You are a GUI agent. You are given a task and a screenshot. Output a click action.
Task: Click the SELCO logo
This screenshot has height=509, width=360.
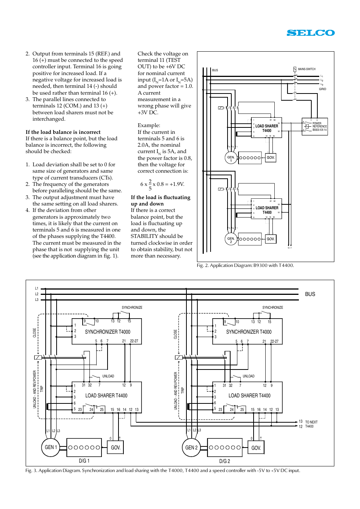pos(311,33)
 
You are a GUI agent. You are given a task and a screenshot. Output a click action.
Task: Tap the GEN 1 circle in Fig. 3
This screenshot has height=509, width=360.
pos(51,447)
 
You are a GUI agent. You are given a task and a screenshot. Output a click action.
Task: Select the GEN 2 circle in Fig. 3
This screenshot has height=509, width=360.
pos(191,448)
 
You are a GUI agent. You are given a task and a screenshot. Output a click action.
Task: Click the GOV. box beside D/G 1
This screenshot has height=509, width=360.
pos(116,448)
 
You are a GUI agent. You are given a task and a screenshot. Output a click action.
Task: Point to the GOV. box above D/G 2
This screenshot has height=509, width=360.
pos(256,448)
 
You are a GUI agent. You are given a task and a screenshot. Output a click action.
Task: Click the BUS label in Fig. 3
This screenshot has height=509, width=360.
pos(310,294)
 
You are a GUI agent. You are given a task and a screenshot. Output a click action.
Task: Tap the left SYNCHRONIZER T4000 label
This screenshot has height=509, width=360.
pos(108,332)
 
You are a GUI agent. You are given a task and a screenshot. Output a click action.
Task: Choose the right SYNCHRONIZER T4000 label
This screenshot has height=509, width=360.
pos(249,332)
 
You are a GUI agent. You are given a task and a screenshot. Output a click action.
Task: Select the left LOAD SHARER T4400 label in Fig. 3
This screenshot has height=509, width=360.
pos(106,396)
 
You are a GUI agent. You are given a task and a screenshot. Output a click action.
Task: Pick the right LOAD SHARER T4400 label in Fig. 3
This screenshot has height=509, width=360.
pos(249,396)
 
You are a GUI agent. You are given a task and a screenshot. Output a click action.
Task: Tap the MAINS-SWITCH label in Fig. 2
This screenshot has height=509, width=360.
pos(306,69)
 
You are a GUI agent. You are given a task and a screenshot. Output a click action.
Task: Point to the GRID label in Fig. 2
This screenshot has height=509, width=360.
pos(322,89)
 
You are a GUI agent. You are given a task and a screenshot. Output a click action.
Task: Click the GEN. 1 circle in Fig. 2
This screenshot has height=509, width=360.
pos(231,158)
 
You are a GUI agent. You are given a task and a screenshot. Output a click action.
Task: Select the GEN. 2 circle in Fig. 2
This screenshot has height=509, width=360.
pos(231,240)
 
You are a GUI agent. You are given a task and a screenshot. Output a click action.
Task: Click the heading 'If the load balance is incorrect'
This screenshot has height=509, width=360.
pos(63,132)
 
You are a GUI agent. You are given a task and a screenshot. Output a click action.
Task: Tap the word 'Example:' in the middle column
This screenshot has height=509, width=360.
pos(149,125)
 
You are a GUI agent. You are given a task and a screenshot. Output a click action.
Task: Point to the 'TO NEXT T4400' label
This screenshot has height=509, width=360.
pos(311,424)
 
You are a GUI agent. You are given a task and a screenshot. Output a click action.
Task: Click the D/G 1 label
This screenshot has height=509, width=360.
pos(84,461)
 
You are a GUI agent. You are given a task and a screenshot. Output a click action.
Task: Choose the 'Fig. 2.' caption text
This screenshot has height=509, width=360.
pos(245,265)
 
